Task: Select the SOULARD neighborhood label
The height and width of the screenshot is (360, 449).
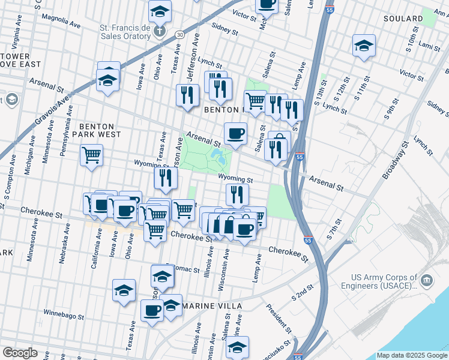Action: [x=406, y=19]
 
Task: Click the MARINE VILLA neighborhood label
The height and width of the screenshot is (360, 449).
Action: [x=212, y=306]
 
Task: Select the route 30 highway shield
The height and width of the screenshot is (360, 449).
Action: [x=179, y=35]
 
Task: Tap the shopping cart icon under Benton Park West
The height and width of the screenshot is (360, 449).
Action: [x=91, y=155]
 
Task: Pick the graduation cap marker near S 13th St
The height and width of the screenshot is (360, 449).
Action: [x=364, y=46]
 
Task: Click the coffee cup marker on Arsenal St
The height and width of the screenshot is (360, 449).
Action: [x=235, y=133]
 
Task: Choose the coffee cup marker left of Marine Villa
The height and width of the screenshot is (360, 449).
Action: [x=152, y=310]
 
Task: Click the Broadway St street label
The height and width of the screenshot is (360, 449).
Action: [x=394, y=161]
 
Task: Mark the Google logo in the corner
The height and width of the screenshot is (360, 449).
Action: [x=20, y=352]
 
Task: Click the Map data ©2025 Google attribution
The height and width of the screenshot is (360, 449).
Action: [x=412, y=355]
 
